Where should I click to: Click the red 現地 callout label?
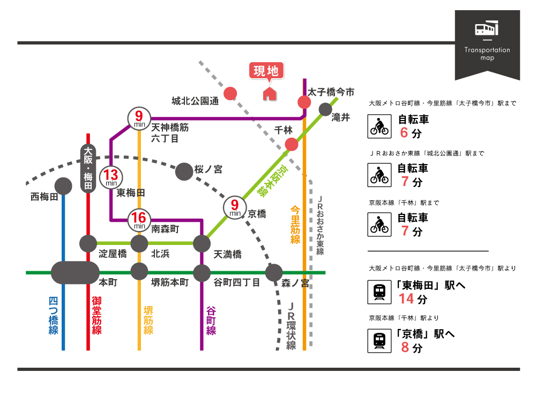pos(266,71)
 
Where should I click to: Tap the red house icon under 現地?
pos(269,94)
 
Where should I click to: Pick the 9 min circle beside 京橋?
pos(234,207)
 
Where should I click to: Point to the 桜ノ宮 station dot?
pos(184,171)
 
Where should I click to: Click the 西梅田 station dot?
pos(64,186)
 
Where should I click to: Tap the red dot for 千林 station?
pos(292,144)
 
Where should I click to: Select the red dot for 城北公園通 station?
pos(230,93)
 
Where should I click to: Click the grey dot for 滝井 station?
pos(325,110)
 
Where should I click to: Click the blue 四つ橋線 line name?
pos(53,316)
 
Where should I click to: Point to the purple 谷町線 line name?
pos(211,321)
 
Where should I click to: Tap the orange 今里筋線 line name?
pos(295,224)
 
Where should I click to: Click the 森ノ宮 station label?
pos(295,282)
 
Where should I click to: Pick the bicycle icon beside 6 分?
pos(379,126)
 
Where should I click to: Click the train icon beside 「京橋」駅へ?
pos(379,341)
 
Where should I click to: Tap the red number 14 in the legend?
pos(407,299)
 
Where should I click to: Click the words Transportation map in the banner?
pos(487,54)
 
